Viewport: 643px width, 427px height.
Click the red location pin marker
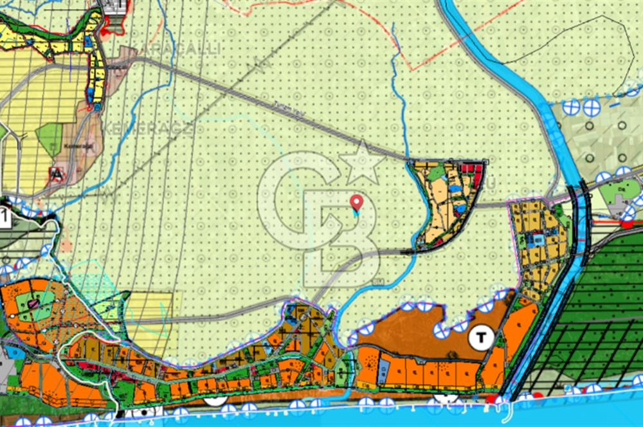(356, 203)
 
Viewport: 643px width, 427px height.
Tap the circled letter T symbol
(480, 336)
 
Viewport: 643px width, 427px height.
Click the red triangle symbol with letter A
(57, 173)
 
